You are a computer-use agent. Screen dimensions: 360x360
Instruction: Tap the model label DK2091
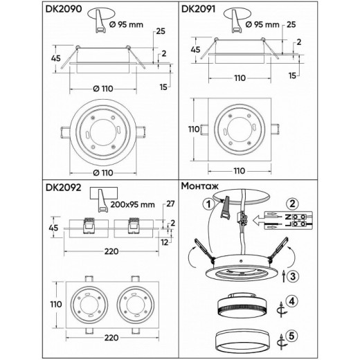201,9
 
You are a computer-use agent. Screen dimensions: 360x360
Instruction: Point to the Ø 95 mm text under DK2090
126,24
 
